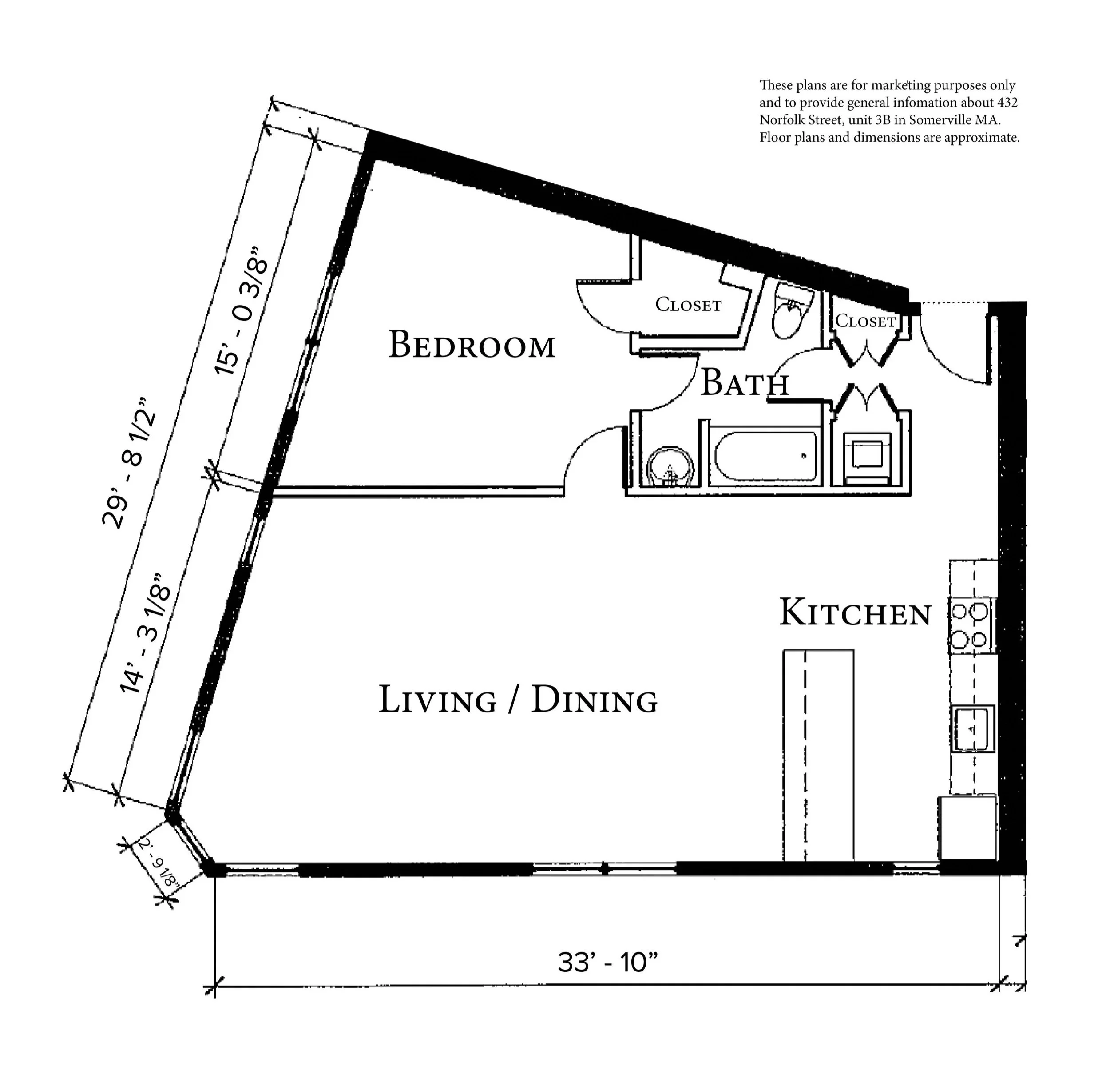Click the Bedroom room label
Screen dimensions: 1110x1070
[472, 345]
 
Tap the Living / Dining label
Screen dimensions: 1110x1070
[518, 700]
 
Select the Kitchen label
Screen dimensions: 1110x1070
[855, 613]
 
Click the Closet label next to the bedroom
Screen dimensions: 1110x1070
[688, 305]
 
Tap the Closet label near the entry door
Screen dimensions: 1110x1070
[865, 321]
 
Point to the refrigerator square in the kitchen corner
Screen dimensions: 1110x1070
[967, 827]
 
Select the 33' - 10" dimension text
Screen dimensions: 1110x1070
[608, 962]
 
